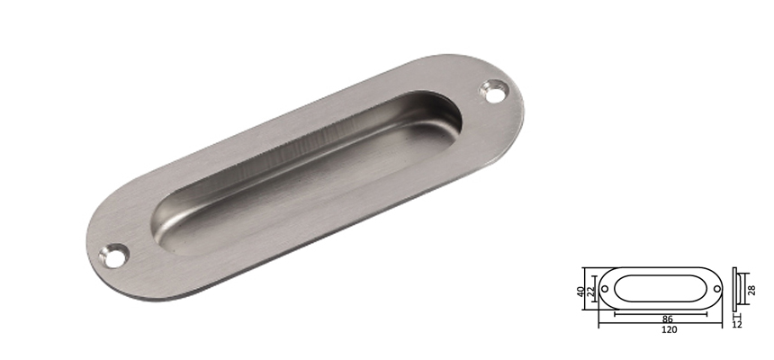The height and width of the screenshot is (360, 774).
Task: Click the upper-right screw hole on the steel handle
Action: click(493, 90)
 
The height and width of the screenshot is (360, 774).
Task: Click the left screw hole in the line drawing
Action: click(605, 289)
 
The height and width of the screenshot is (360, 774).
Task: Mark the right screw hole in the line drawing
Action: click(717, 289)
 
